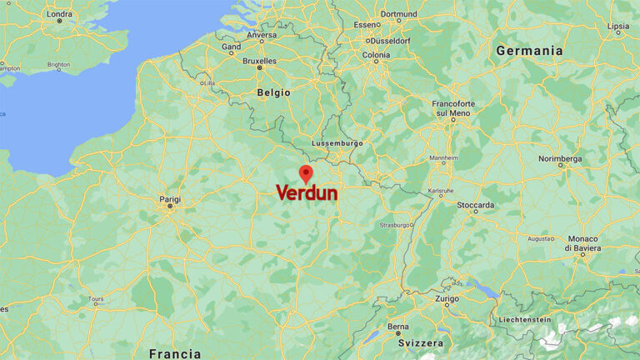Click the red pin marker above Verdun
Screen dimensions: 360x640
306,172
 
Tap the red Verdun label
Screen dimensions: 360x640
307,193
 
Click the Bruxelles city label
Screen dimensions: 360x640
259,61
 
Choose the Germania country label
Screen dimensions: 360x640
529,51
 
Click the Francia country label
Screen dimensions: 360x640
174,353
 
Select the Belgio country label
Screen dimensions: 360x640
273,92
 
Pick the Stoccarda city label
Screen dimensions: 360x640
475,205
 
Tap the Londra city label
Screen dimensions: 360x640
59,14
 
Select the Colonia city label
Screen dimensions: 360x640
376,56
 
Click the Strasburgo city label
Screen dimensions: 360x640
395,225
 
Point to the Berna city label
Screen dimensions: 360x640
398,326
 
